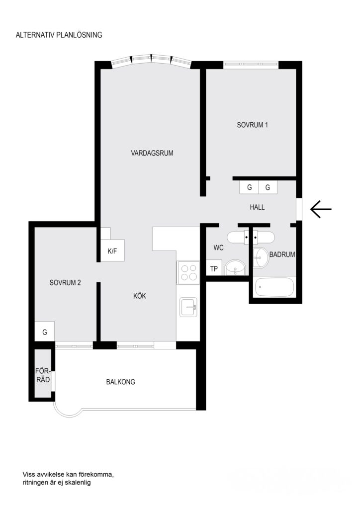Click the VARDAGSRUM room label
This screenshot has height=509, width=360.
[x=152, y=153]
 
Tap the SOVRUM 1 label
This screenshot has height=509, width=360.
[x=253, y=125]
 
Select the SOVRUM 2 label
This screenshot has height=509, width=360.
[x=65, y=283]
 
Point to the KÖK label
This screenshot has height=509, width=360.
[x=140, y=296]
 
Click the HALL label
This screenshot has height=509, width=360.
[x=257, y=207]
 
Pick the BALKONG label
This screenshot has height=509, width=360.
[x=120, y=382]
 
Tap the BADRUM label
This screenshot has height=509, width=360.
[x=282, y=254]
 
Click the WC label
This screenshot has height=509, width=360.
[x=219, y=247]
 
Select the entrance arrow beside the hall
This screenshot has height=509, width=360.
[x=321, y=209]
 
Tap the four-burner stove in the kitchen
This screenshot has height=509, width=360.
[x=188, y=273]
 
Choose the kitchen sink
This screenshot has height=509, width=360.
[x=189, y=307]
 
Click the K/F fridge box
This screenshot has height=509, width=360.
[x=112, y=251]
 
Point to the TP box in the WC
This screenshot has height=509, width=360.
[x=214, y=269]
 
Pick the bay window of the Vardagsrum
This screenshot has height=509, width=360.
[x=150, y=61]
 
